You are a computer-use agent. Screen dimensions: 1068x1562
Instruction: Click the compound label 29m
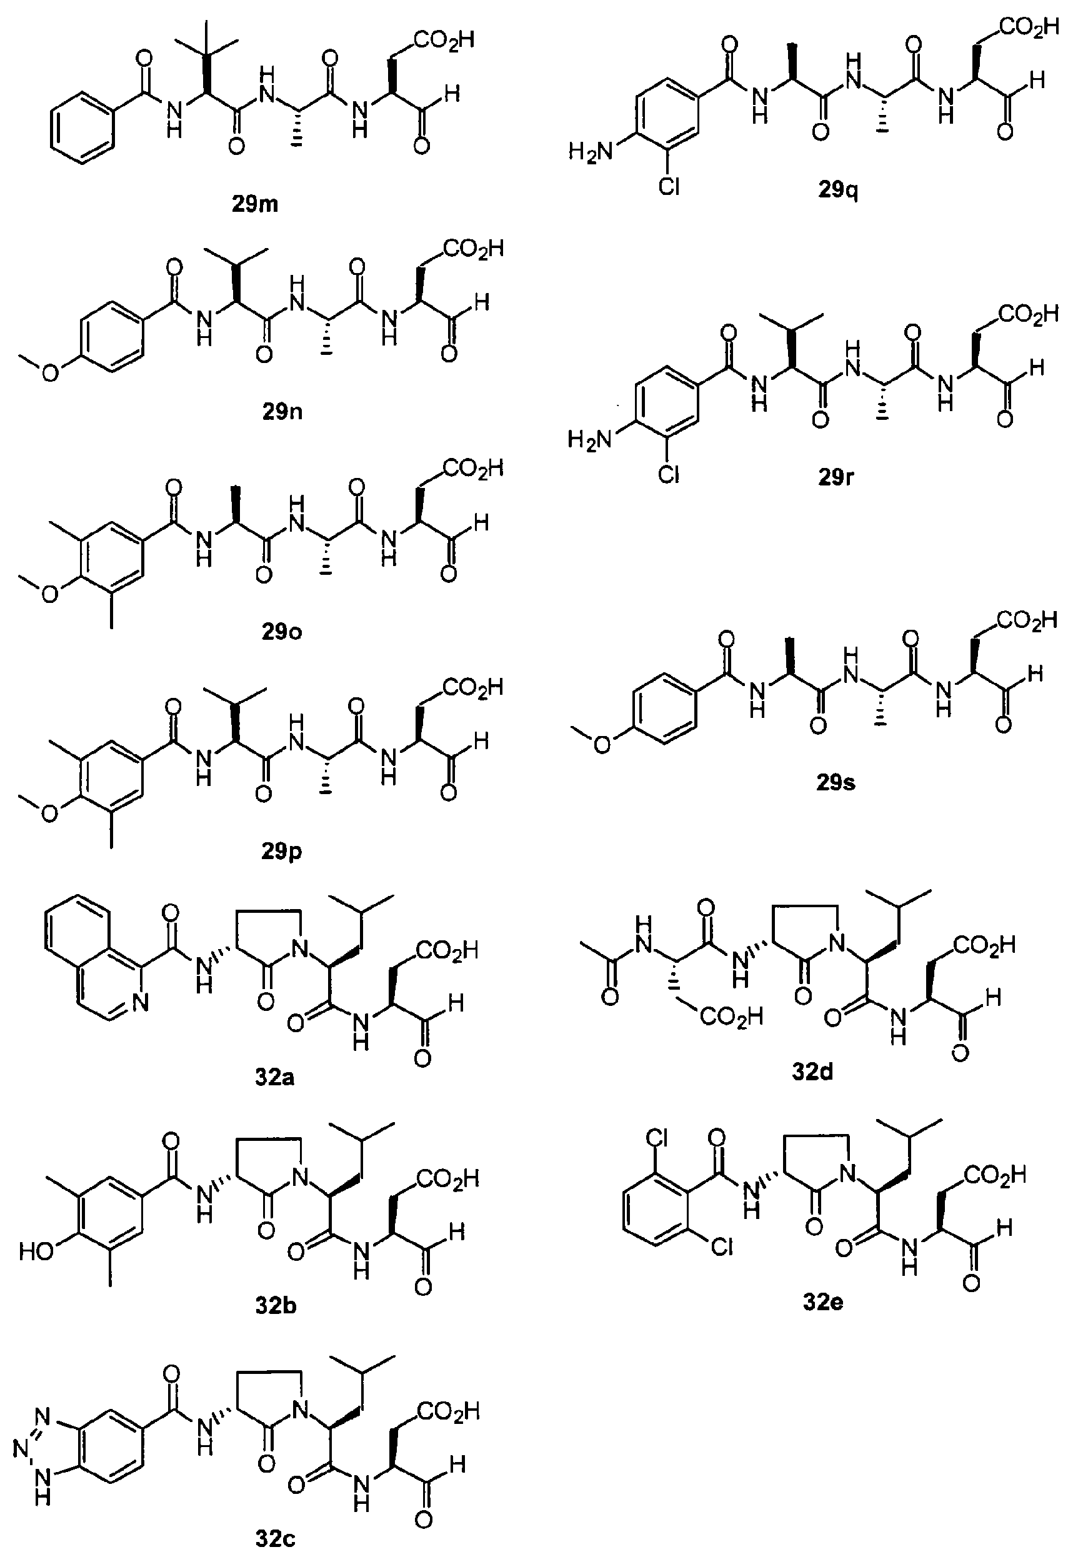pyautogui.click(x=255, y=204)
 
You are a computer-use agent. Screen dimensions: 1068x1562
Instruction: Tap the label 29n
pyautogui.click(x=282, y=411)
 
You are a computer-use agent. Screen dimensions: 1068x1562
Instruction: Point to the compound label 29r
pyautogui.click(x=836, y=477)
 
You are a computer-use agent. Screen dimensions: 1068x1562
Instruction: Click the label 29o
pyautogui.click(x=282, y=632)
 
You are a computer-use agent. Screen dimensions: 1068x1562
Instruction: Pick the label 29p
pyautogui.click(x=282, y=852)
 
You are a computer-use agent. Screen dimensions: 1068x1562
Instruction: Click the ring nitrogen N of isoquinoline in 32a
pyautogui.click(x=140, y=1003)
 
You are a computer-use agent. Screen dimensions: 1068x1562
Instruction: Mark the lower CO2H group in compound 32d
pyautogui.click(x=731, y=1017)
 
